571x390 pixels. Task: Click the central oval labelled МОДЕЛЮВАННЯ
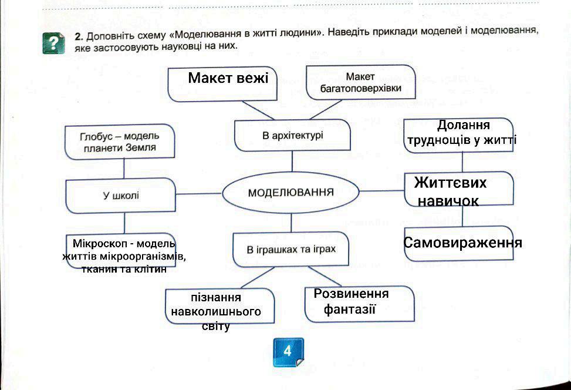(x=290, y=193)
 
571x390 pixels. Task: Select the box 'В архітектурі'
(x=292, y=136)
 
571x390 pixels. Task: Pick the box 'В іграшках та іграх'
(x=291, y=250)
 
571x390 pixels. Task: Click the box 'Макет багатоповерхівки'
(x=360, y=83)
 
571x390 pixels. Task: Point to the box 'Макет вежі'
(x=227, y=83)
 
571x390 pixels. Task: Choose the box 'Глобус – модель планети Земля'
(x=119, y=142)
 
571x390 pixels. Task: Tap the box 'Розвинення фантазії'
(x=359, y=302)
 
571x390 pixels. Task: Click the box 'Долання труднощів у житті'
(x=459, y=134)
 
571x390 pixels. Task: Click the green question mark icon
(x=53, y=43)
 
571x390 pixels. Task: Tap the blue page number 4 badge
(x=288, y=351)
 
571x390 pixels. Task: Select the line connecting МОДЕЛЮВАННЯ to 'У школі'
(x=200, y=193)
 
